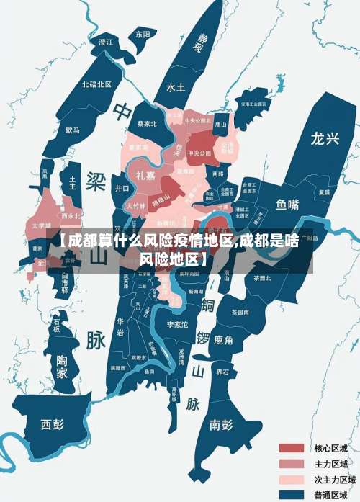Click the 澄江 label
(x=106, y=42)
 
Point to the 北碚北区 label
(x=96, y=84)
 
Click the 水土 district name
(x=176, y=87)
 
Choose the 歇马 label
(x=73, y=130)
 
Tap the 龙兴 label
(x=324, y=139)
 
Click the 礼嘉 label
(x=145, y=175)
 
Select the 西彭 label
(x=52, y=423)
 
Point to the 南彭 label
(x=221, y=424)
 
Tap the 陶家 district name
(x=63, y=367)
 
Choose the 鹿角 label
(x=224, y=340)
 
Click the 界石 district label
(x=222, y=372)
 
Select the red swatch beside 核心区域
(x=292, y=448)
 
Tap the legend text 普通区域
(x=331, y=494)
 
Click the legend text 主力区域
(x=331, y=464)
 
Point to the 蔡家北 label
(x=147, y=123)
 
